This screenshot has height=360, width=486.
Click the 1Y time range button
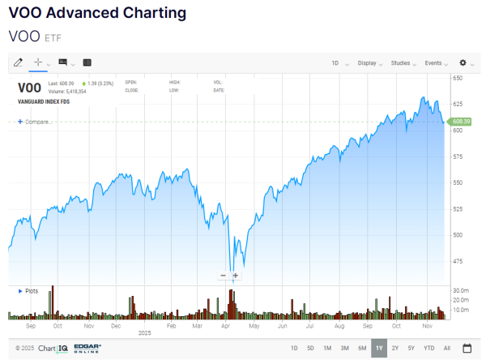(379, 349)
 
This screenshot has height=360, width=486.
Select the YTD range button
(428, 349)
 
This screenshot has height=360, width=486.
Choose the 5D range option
(310, 349)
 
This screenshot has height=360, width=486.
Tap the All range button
(446, 349)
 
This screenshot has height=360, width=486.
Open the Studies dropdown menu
(403, 62)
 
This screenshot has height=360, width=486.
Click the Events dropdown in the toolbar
(436, 62)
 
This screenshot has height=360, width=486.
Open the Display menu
(369, 62)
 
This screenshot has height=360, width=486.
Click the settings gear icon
(463, 62)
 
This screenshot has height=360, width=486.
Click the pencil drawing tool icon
(19, 62)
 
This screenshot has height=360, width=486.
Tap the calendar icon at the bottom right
(467, 349)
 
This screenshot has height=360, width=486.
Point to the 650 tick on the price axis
(458, 78)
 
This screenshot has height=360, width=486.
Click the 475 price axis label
(458, 261)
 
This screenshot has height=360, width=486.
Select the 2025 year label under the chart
(145, 332)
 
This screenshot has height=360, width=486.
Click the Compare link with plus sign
(34, 122)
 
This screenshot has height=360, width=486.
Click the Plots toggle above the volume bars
(29, 290)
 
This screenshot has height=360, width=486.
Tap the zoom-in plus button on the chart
(236, 276)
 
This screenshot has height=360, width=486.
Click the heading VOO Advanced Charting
(96, 14)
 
